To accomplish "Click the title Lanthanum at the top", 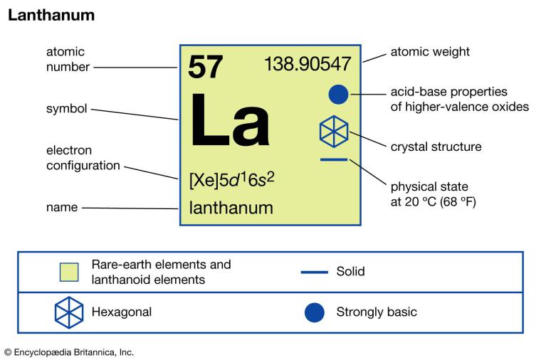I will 51,15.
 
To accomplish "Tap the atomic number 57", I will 206,67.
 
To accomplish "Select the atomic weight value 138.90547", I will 308,64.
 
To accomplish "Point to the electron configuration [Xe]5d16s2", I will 231,179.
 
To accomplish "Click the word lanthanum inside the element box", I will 231,208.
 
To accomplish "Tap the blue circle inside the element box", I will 339,94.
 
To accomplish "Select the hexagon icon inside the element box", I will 334,131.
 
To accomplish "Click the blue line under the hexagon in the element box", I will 334,159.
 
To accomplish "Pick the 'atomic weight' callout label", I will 430,52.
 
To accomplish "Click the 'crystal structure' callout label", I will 436,147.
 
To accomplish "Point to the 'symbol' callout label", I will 66,109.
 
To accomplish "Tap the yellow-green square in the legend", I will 69,272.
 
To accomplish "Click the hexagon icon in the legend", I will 69,312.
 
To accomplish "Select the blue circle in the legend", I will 314,312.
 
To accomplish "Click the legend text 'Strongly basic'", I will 377,312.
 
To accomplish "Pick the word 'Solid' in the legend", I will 350,272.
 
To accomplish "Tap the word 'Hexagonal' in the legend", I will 122,312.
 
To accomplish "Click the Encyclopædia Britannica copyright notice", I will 69,351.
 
